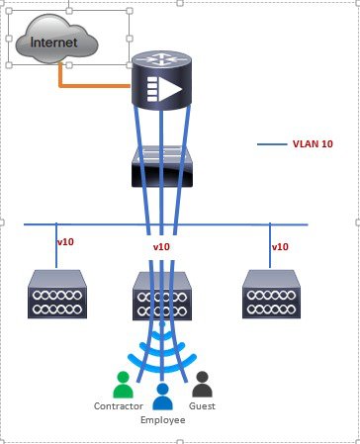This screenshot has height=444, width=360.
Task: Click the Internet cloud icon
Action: pos(56,39)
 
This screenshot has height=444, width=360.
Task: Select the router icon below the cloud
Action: pos(161,80)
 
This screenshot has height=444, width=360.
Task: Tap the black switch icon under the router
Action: pos(162,167)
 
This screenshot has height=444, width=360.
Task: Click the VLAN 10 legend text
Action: pos(313,144)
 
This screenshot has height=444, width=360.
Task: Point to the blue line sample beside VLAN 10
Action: pos(272,144)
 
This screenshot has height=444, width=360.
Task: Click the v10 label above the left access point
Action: pos(65,242)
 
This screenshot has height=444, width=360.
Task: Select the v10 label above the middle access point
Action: pos(161,247)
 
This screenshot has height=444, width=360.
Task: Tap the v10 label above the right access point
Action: pos(280,247)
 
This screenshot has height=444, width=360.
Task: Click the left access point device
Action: pos(57,294)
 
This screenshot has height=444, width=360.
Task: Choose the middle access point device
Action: pos(162,296)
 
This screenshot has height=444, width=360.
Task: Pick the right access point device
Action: pos(271,294)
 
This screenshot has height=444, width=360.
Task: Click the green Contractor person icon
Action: pos(123,385)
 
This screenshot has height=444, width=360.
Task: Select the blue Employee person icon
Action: pos(162,397)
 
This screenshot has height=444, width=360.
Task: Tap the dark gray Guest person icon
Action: pos(202,385)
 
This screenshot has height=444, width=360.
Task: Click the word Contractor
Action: pos(119,406)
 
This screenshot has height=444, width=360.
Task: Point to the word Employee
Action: pos(162,420)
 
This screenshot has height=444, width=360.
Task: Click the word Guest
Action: pos(202,406)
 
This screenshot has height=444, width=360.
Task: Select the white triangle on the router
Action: pos(170,89)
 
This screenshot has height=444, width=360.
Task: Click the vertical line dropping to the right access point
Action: pos(270,246)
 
